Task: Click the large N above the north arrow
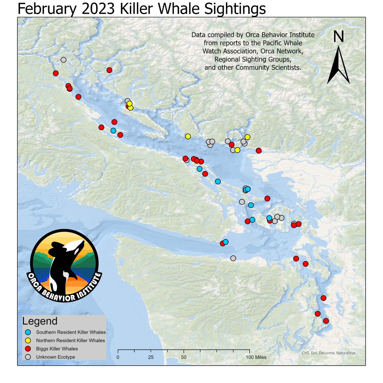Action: [338, 37]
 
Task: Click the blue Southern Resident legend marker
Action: [28, 332]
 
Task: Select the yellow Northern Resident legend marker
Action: [28, 340]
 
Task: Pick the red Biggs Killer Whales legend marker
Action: [28, 349]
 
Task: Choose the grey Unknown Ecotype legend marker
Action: [28, 357]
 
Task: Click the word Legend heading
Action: [40, 321]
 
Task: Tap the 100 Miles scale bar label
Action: [256, 357]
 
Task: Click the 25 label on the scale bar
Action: [151, 357]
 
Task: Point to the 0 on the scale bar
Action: [118, 357]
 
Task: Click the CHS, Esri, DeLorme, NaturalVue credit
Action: [328, 353]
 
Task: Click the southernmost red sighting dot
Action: [326, 321]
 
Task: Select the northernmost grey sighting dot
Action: [63, 60]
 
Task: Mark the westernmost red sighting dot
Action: [56, 73]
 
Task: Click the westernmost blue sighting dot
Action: [113, 131]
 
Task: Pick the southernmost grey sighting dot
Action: [233, 258]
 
